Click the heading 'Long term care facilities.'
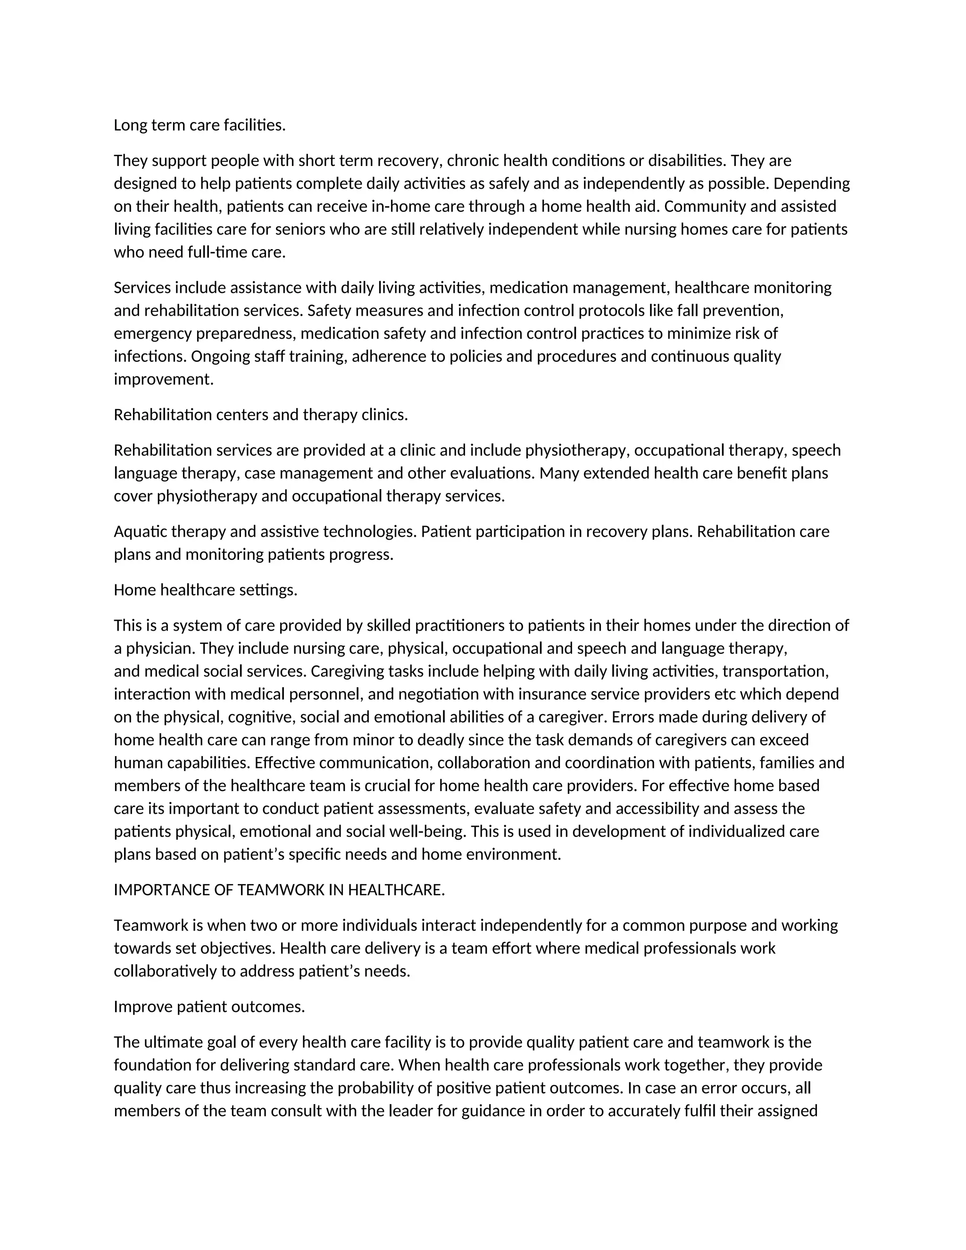point(199,125)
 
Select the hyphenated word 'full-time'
point(217,252)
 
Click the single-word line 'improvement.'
point(163,379)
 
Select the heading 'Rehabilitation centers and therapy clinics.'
point(260,415)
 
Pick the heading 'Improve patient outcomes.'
point(209,1007)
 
